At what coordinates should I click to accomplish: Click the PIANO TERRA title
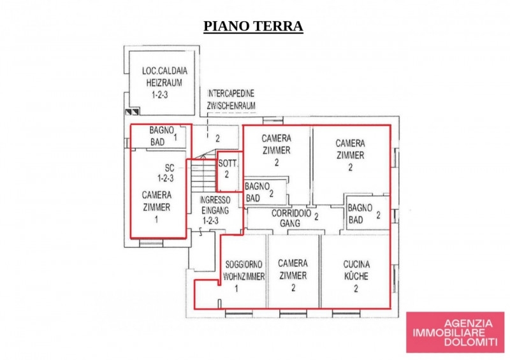pyautogui.click(x=252, y=26)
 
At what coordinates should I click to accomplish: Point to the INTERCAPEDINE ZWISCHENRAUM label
pyautogui.click(x=231, y=99)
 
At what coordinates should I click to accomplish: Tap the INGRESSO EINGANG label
pyautogui.click(x=210, y=210)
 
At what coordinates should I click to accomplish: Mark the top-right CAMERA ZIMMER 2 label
pyautogui.click(x=350, y=155)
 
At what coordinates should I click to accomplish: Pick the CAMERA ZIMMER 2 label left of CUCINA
pyautogui.click(x=293, y=276)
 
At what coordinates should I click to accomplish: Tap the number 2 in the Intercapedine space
pyautogui.click(x=217, y=138)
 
